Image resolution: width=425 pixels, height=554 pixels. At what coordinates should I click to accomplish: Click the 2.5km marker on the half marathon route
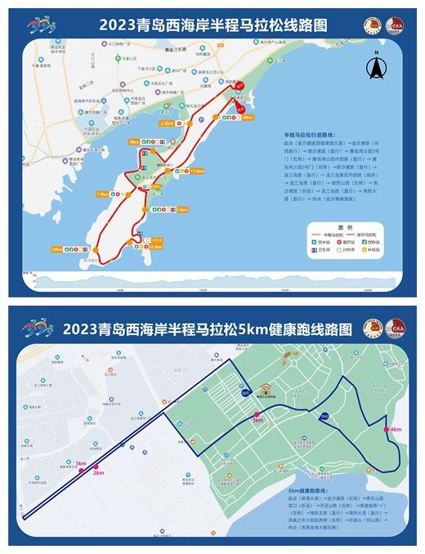click(x=168, y=123)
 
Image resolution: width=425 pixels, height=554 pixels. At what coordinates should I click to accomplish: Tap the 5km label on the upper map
click(x=134, y=141)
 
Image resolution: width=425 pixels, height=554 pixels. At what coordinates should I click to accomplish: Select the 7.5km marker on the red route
click(x=102, y=194)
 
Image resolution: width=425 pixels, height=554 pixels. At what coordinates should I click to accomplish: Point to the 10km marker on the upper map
click(x=56, y=248)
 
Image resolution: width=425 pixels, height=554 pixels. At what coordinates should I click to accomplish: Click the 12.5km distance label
click(x=156, y=246)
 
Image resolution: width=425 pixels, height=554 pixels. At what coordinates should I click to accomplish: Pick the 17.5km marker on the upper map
click(x=196, y=171)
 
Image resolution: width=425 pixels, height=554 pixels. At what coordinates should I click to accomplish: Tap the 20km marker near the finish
click(x=247, y=118)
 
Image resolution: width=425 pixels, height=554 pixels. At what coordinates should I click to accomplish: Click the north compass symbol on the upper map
click(x=378, y=68)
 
